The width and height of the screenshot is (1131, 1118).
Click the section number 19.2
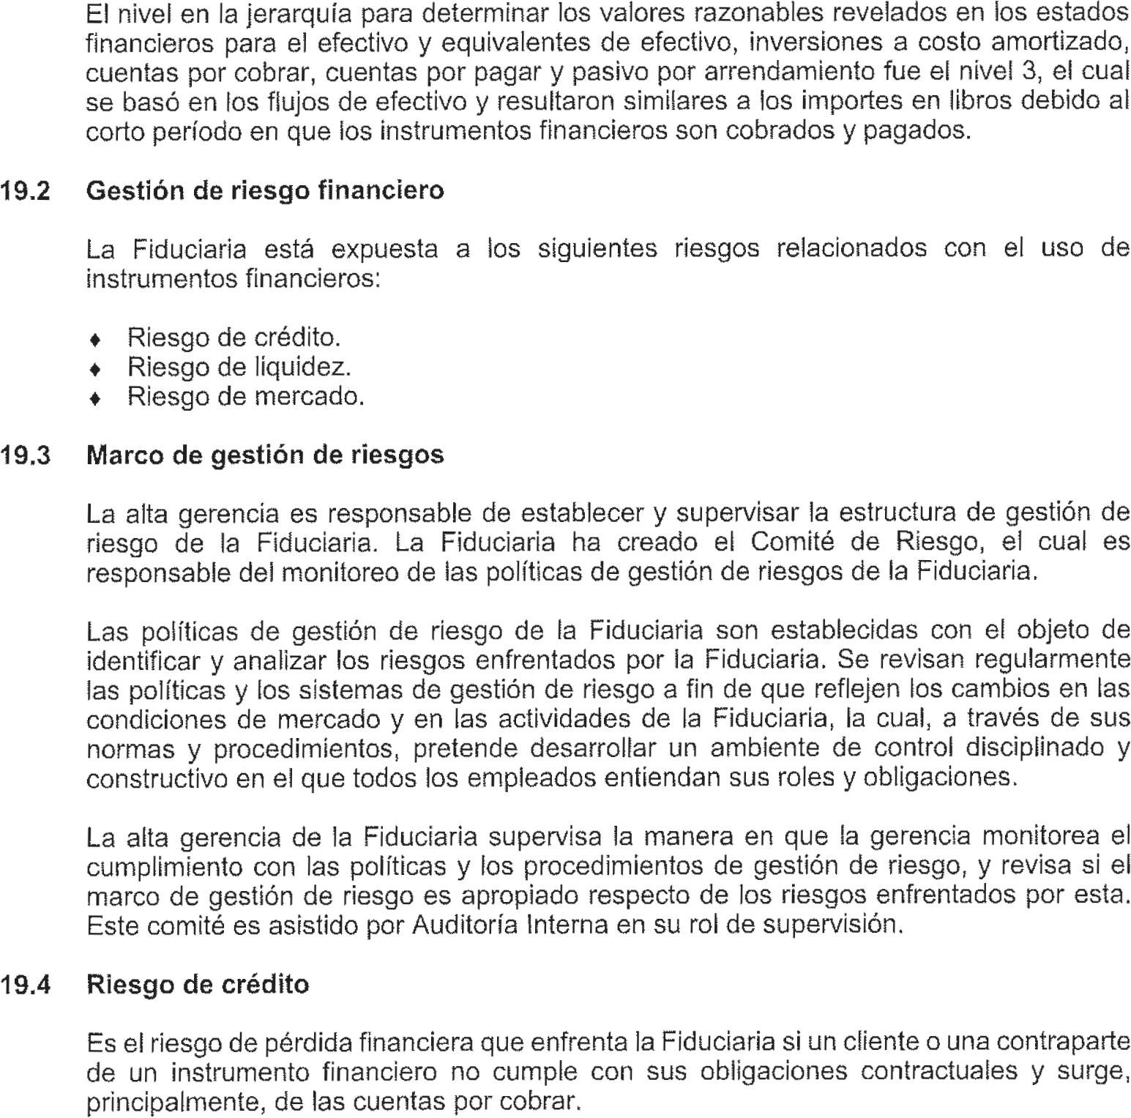[26, 191]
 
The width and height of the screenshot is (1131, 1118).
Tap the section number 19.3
[26, 455]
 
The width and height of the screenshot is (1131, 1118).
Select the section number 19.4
[26, 985]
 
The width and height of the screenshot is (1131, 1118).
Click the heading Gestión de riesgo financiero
[265, 191]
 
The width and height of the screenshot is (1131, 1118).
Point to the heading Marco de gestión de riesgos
[265, 455]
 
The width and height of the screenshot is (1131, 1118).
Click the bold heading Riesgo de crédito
[198, 985]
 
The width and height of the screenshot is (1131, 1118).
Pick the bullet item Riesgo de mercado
[245, 397]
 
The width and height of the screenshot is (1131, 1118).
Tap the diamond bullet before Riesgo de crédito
[94, 339]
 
